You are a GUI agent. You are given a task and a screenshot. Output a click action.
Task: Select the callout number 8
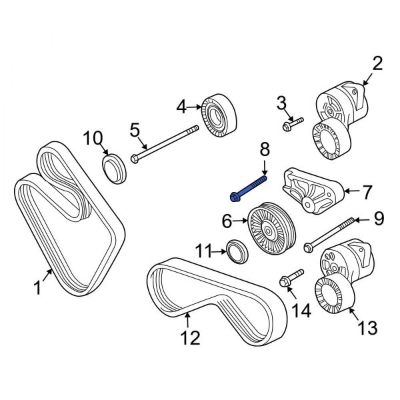(264, 149)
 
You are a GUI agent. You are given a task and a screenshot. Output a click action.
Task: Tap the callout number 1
(39, 289)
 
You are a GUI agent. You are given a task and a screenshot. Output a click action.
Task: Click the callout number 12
(191, 338)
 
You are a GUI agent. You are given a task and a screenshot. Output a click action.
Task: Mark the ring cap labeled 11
(237, 251)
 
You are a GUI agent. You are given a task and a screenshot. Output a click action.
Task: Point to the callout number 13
(367, 327)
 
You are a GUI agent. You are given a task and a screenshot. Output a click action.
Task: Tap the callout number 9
(378, 217)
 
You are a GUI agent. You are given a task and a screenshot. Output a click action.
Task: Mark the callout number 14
(303, 309)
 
